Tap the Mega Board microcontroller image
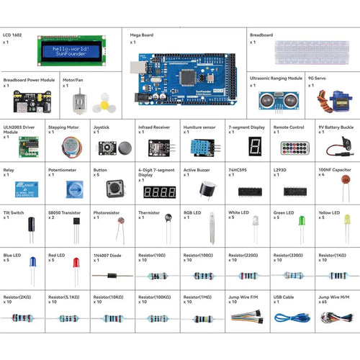184,74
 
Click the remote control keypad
294,149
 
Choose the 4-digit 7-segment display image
160,193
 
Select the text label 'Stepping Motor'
63,126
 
